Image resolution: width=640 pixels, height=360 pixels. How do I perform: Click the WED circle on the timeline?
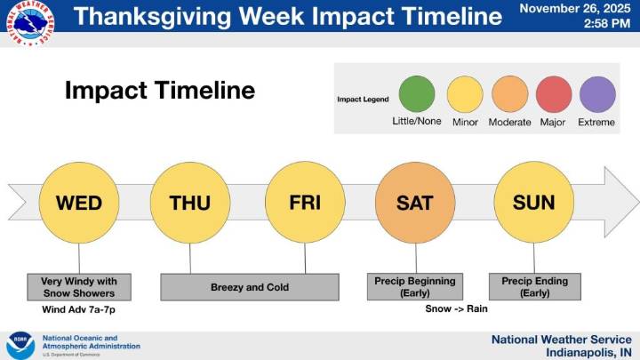tap(79, 203)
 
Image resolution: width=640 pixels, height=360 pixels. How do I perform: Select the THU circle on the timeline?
tap(190, 203)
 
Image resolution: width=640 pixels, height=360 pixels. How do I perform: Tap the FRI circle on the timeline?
tap(305, 203)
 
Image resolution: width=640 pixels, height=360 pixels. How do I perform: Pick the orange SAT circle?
tap(415, 203)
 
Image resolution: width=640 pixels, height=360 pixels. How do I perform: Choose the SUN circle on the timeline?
tap(533, 203)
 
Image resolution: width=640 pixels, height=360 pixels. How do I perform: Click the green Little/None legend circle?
tap(416, 94)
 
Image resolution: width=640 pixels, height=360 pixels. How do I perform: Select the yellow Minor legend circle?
tap(465, 94)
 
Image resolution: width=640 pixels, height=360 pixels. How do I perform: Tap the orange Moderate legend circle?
tap(509, 94)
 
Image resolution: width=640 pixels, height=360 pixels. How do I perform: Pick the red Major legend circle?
tap(553, 94)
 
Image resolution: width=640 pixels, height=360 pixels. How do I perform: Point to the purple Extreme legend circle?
tap(596, 94)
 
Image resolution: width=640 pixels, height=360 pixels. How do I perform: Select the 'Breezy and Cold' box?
tap(250, 287)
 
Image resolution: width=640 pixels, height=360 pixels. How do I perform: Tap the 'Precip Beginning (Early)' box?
tap(412, 287)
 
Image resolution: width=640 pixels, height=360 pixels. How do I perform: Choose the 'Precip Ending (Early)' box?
tap(535, 287)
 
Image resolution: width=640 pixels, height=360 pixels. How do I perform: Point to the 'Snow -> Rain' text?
tap(457, 309)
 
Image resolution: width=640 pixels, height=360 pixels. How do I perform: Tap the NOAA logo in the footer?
tap(20, 344)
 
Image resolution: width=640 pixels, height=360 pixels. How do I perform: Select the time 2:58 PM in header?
tap(605, 25)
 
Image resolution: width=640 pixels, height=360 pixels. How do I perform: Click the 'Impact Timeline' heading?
tap(160, 91)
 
